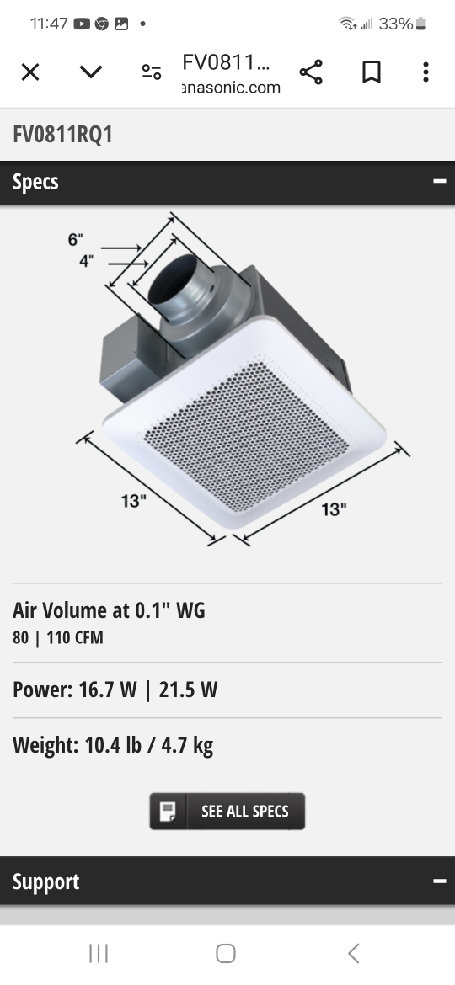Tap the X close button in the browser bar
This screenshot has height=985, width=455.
point(30,72)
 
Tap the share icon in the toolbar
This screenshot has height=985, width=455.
point(311,72)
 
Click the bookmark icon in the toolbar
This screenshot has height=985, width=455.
point(371,72)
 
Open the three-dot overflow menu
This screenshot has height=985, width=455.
point(426,72)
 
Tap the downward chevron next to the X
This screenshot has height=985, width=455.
point(91,72)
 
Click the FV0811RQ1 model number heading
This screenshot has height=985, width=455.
point(62,135)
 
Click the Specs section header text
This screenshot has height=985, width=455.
point(35,182)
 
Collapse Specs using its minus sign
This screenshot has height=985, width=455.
point(438,182)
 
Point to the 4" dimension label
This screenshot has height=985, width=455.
point(87,261)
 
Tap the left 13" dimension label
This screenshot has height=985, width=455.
point(133,501)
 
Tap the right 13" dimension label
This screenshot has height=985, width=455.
point(334,508)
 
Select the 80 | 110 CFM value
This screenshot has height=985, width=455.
point(58,637)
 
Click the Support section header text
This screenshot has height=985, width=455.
point(45,881)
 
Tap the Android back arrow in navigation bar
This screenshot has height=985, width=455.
point(354,953)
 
